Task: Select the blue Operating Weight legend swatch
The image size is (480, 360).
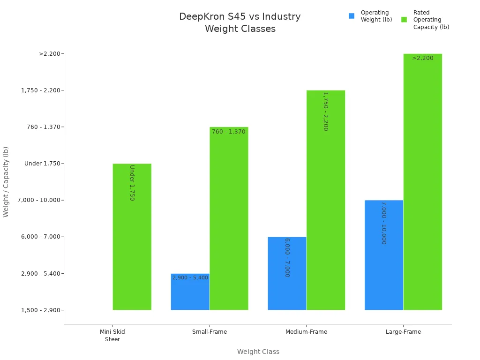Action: pos(352,16)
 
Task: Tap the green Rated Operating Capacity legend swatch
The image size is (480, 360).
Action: pos(404,20)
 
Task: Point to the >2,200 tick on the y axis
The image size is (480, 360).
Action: pos(52,54)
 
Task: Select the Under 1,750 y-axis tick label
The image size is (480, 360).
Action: pos(45,164)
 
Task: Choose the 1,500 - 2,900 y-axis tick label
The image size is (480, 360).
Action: pos(43,310)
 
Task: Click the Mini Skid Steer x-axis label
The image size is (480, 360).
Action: pos(112,335)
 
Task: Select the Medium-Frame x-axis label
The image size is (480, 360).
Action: pos(306,332)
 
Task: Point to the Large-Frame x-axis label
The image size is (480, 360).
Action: pos(403,332)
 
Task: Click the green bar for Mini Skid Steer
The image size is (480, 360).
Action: pos(132,237)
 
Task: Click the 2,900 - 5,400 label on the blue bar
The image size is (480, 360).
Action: pos(190,278)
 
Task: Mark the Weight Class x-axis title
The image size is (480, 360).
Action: pos(258,352)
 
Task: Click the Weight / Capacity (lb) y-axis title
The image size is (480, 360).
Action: pos(6,181)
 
